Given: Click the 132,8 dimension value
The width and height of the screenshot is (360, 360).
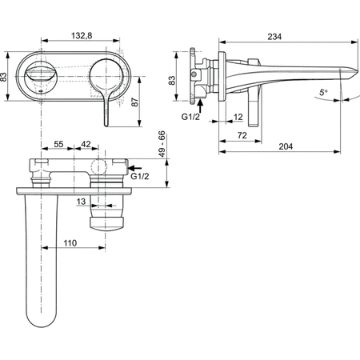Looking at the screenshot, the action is (82, 35).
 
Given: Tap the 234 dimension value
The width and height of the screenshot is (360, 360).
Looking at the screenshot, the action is (274, 37).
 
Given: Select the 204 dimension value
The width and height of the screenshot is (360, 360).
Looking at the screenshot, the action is (286, 146).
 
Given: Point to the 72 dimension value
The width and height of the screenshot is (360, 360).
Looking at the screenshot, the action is (242, 135).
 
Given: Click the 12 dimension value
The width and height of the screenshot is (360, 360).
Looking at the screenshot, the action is (238, 117).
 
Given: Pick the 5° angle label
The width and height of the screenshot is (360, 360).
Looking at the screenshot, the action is (324, 93).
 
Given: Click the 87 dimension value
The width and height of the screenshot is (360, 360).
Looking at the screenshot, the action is (135, 102).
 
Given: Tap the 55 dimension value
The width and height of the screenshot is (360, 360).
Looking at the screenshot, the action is (58, 144).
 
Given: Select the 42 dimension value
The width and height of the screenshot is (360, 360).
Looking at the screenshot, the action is (86, 144).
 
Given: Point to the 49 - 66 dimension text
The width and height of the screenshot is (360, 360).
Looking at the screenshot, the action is (162, 144).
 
